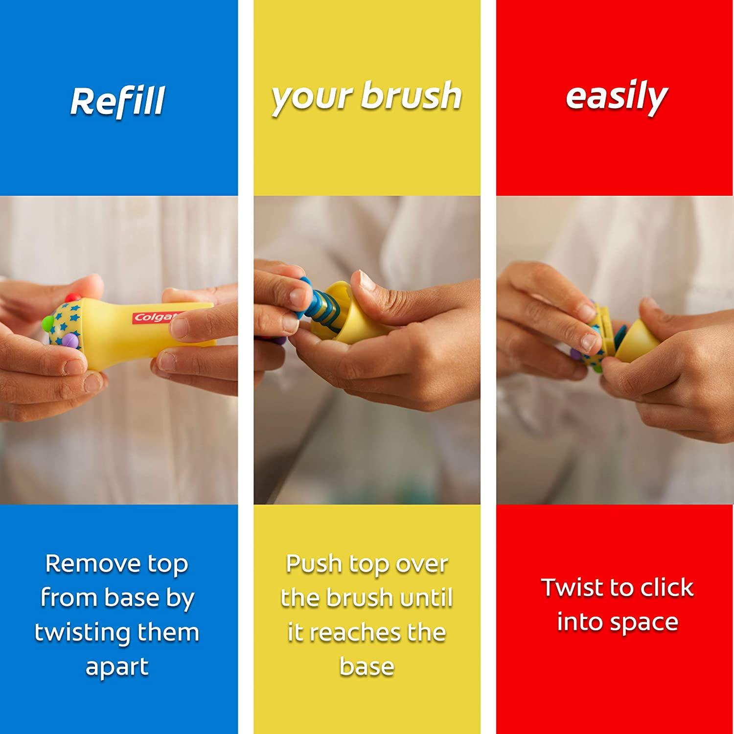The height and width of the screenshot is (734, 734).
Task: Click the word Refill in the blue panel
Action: coord(117,101)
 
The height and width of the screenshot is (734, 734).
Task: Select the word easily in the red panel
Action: coord(616,97)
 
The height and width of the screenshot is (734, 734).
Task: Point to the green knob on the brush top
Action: coord(47,322)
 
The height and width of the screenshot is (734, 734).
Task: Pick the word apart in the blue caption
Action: coord(117,667)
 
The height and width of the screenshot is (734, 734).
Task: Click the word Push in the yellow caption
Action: coord(313,564)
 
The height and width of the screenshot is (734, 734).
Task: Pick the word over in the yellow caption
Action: coord(423,564)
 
